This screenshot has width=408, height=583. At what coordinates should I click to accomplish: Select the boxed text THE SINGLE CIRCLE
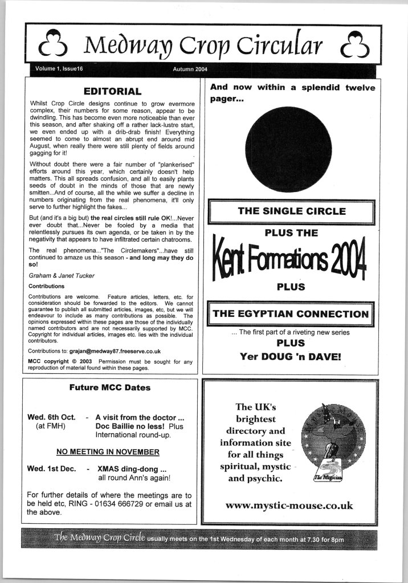click(x=291, y=211)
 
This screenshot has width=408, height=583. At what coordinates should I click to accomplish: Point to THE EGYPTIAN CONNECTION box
click(x=291, y=314)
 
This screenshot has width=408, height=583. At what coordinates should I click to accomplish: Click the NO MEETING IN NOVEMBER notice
click(x=108, y=452)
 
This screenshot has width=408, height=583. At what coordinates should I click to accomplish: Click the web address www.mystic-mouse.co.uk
click(x=289, y=505)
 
